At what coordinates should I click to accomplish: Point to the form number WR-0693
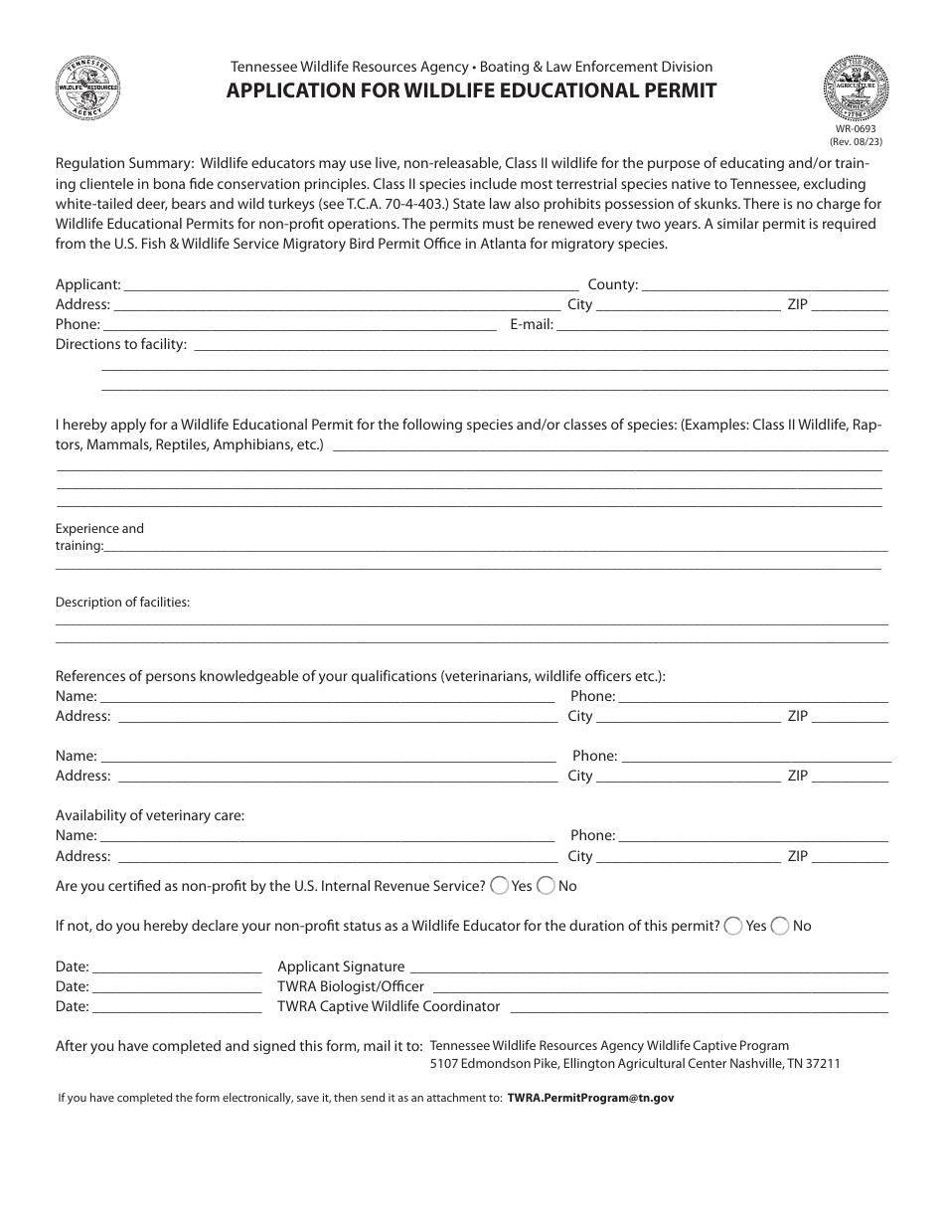(855, 128)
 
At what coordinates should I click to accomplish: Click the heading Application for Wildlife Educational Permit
(472, 91)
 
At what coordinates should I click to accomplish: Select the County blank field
(765, 285)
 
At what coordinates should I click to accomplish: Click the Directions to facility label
(121, 345)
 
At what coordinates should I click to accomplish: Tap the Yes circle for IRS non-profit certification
(500, 885)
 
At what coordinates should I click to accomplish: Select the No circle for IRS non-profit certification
(546, 885)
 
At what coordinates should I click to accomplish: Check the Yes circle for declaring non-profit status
(733, 926)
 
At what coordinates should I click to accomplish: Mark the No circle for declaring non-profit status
(780, 926)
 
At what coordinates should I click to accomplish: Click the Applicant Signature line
(649, 967)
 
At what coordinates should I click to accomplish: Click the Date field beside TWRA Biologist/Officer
(176, 987)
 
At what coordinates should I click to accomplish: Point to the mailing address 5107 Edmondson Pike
(635, 1064)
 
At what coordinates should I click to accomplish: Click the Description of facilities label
(122, 603)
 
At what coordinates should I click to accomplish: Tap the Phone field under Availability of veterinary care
(753, 836)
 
